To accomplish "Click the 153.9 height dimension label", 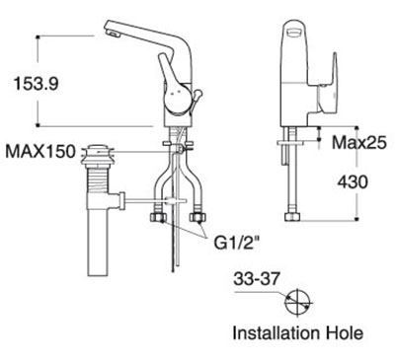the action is (x=37, y=84).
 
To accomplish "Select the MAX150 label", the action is (x=40, y=152).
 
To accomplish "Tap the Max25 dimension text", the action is (x=358, y=143).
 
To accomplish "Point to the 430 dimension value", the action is (x=353, y=181).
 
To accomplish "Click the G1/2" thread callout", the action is (x=235, y=244).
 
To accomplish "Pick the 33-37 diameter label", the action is (x=257, y=280).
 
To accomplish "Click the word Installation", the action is (x=276, y=333).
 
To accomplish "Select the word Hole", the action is (x=345, y=333).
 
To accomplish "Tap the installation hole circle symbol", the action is (x=298, y=303).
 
